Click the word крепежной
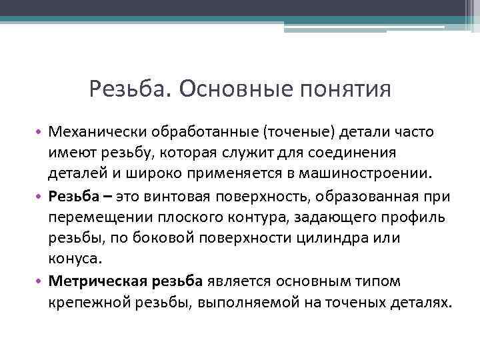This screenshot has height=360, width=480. point(87,303)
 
